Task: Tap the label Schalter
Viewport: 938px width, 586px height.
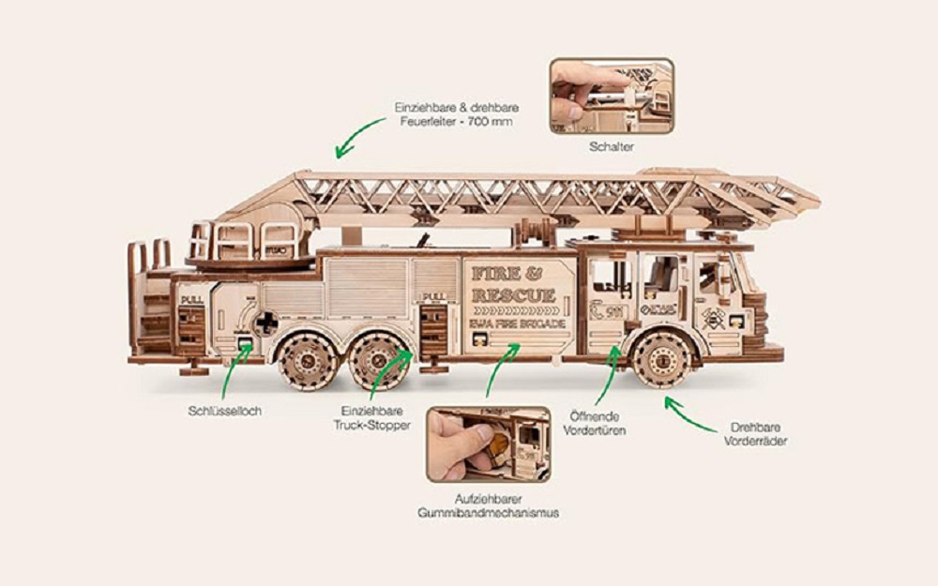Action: pos(612,147)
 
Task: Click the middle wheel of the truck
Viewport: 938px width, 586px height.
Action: pos(377,358)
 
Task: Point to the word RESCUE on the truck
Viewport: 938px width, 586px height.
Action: pos(514,296)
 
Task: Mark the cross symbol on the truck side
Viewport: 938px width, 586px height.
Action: pos(266,322)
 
